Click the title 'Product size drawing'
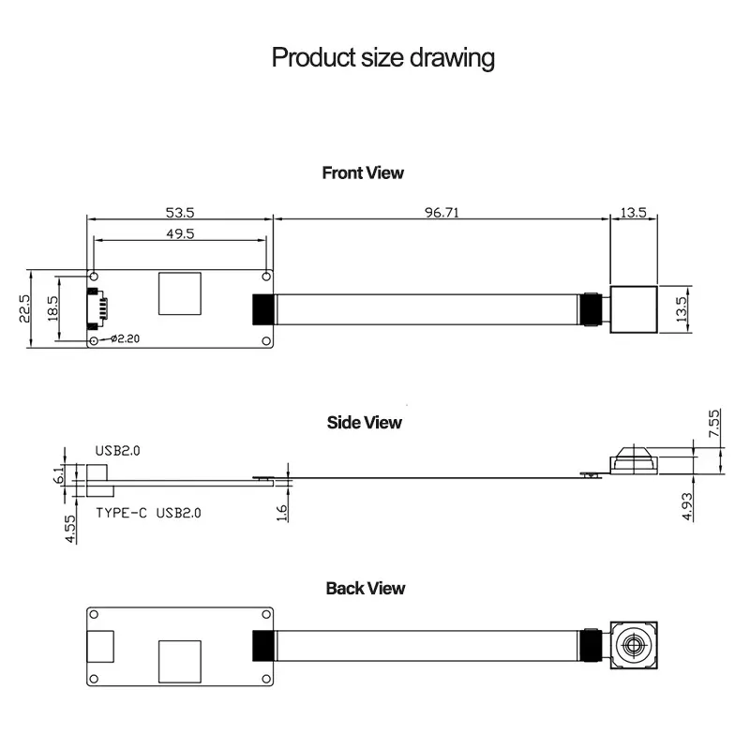coord(382,58)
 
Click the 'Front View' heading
coord(363,172)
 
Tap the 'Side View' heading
coord(364,422)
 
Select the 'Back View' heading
coord(366,589)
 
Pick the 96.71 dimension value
coord(441,213)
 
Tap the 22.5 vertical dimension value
coord(25,309)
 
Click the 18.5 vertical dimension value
coord(52,309)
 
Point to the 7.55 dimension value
coord(713,424)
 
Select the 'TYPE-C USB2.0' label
coord(148,513)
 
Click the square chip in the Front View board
coord(179,293)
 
